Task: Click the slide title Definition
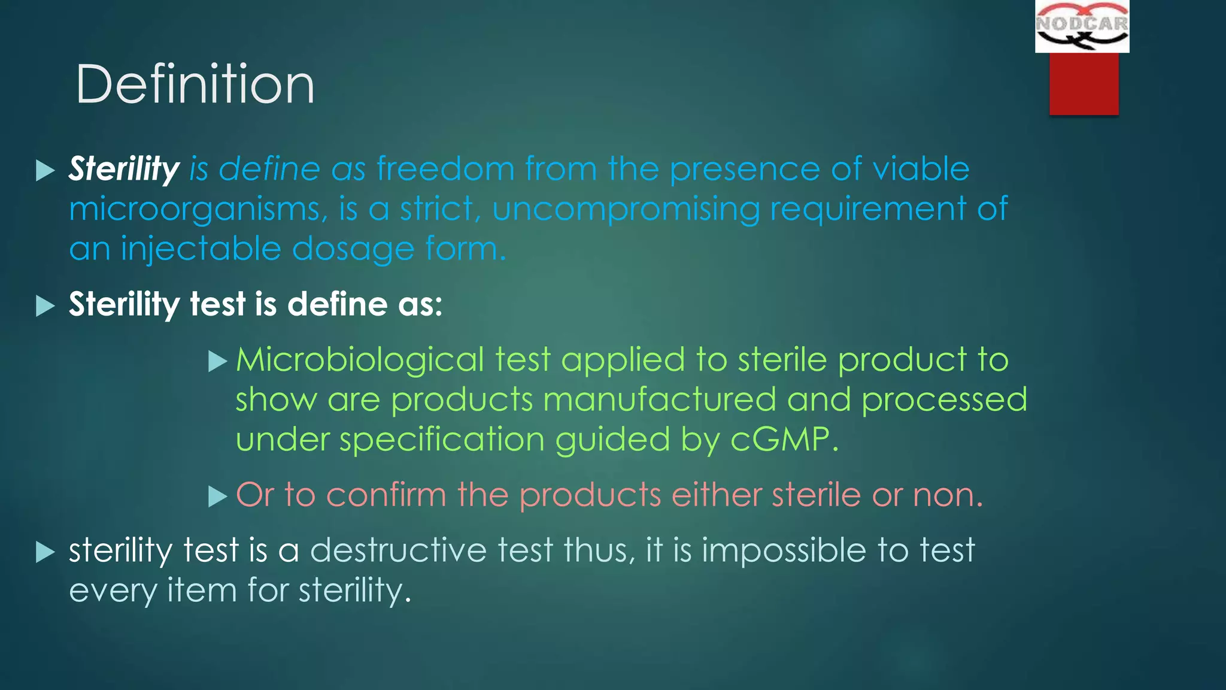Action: (195, 84)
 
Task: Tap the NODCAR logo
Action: (1082, 26)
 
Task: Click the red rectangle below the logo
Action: (1084, 84)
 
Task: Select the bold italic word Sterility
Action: (124, 169)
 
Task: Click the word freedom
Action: (445, 169)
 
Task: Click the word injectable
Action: (201, 249)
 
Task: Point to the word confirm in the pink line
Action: (386, 495)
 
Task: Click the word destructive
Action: (398, 550)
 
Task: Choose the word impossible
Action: (784, 550)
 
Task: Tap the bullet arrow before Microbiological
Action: (217, 361)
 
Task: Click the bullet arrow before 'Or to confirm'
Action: (217, 497)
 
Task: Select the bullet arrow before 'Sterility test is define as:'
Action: (45, 305)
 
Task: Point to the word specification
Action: (442, 440)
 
